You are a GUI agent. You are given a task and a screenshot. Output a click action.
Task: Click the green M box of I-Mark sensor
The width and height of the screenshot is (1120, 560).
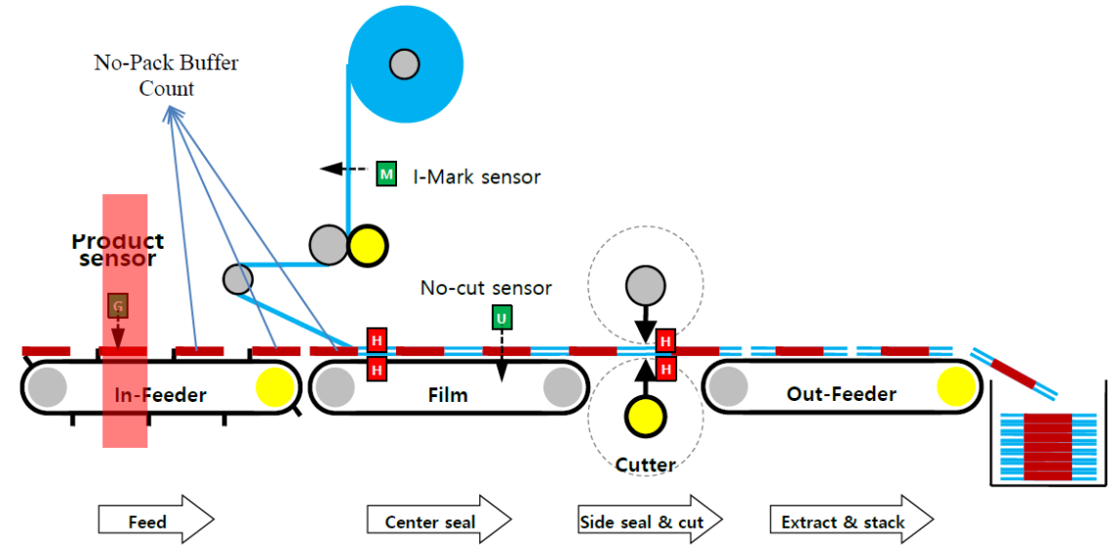386,175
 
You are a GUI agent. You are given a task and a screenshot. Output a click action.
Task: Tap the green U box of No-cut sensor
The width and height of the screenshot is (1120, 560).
501,317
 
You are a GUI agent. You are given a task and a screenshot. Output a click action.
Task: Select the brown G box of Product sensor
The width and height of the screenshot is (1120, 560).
117,306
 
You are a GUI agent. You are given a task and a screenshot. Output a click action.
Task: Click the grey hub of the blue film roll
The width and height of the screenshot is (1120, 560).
403,64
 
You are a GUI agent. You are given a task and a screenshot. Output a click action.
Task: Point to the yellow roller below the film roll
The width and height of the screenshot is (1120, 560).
368,245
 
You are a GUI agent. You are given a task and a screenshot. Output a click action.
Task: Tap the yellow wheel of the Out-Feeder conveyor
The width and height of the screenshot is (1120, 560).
955,387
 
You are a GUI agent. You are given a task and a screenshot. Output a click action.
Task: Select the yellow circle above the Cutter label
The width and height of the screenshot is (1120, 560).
644,417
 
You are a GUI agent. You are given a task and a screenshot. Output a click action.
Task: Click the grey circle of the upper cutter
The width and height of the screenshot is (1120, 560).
644,286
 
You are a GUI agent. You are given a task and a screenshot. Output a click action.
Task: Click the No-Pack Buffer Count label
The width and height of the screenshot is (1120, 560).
166,75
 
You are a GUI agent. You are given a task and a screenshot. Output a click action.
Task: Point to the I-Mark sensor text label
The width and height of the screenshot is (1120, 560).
476,177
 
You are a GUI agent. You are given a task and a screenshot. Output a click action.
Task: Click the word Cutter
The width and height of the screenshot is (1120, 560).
645,465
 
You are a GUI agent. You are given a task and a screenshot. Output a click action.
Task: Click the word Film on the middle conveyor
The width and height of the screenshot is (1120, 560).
448,395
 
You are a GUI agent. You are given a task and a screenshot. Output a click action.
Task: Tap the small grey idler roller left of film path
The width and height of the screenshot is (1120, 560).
237,279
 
